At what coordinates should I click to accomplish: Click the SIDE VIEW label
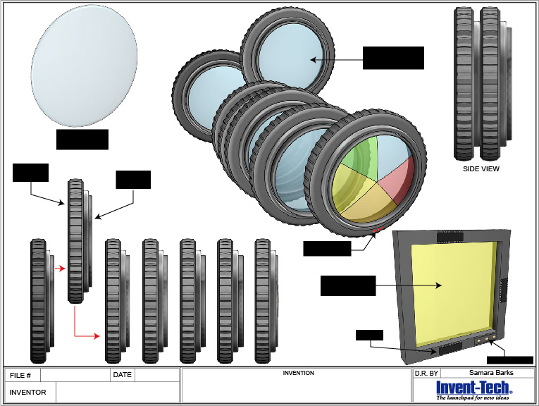(x=481, y=168)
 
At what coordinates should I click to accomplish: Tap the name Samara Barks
(x=491, y=373)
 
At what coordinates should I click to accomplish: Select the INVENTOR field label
(x=27, y=392)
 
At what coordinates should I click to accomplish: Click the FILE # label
(x=20, y=375)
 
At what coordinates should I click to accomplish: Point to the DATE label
(x=123, y=375)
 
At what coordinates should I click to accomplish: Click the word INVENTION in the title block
(x=298, y=373)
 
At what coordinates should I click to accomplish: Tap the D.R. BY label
(x=426, y=374)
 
